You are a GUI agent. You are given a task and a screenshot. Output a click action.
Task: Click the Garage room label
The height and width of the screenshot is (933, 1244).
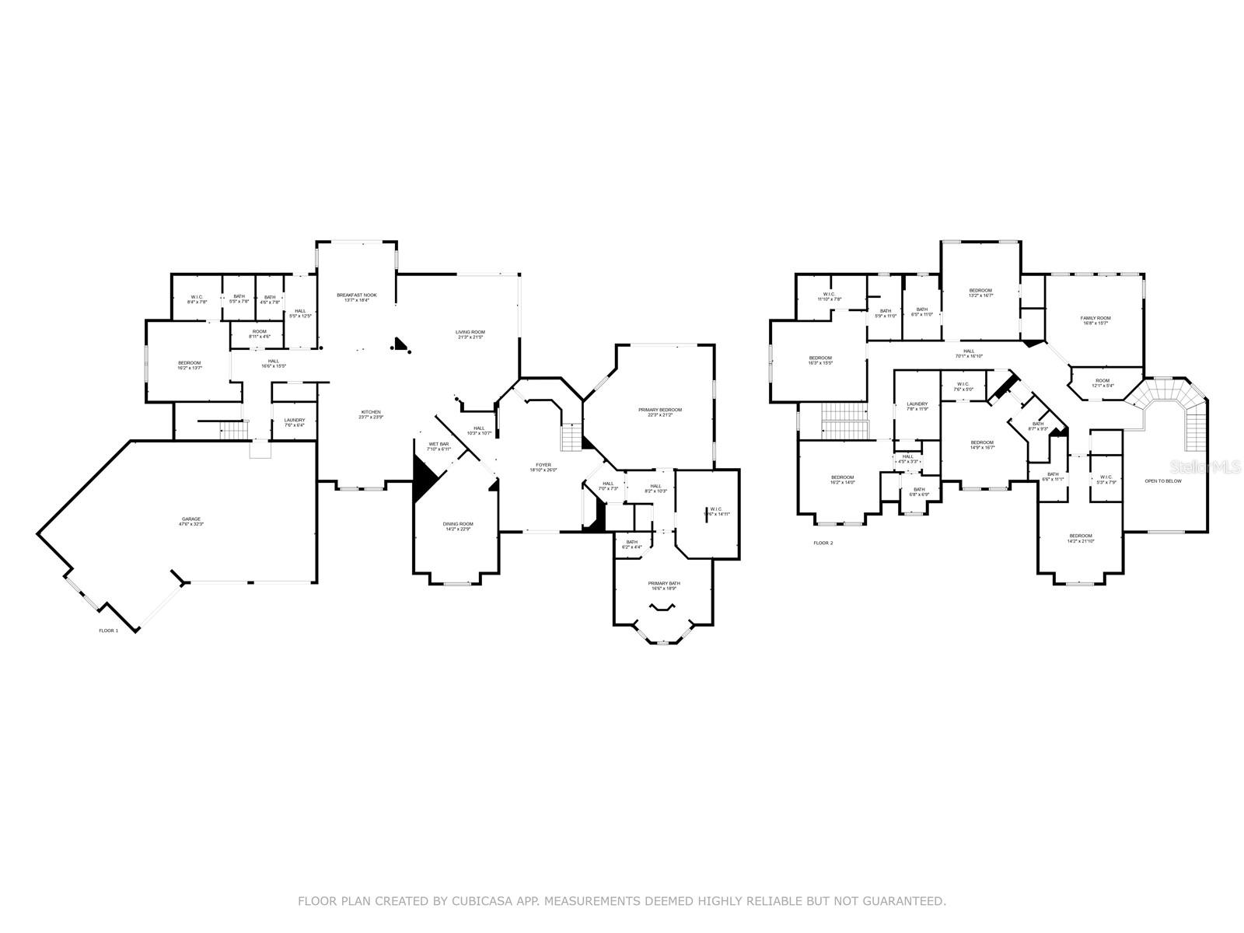(x=191, y=522)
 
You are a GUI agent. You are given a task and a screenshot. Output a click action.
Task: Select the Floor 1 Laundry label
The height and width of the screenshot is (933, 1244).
(x=294, y=422)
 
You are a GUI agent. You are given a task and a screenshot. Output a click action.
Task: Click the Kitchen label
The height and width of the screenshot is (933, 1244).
(x=370, y=414)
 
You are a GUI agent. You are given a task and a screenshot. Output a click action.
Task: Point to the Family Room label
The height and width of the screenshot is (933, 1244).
(x=1095, y=320)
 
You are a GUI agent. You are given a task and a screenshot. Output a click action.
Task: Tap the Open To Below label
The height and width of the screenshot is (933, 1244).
(x=1162, y=481)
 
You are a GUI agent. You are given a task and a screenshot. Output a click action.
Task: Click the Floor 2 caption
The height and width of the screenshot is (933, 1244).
(x=823, y=543)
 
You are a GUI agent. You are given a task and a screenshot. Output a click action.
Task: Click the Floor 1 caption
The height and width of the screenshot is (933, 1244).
(x=108, y=631)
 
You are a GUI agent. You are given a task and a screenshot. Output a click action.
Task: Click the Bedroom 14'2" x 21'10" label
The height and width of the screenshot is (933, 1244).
(x=1080, y=538)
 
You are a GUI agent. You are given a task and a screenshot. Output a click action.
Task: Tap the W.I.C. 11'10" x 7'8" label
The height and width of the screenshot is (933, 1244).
(x=830, y=296)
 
